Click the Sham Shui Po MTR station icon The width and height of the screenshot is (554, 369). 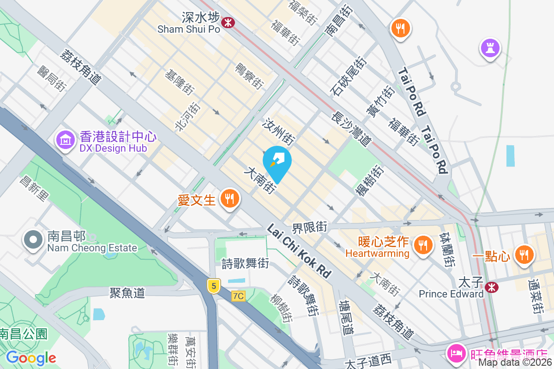click(x=227, y=22)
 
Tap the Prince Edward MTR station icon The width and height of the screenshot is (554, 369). click(x=493, y=287)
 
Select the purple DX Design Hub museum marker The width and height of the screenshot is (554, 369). click(x=66, y=139)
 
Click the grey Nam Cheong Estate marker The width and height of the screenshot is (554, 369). click(x=33, y=240)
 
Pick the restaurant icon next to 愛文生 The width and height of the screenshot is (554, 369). click(x=229, y=199)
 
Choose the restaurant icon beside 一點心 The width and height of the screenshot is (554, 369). click(x=524, y=254)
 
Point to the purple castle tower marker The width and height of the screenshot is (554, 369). click(x=490, y=48)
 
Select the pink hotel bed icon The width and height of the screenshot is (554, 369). click(x=456, y=354)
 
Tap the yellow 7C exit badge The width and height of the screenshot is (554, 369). click(x=238, y=296)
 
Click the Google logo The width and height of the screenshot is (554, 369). click(x=31, y=357)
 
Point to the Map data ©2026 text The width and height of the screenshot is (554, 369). click(x=515, y=363)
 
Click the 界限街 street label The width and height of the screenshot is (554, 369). click(x=309, y=227)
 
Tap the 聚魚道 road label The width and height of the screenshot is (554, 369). click(x=127, y=292)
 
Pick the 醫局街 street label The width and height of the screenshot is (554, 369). click(x=51, y=78)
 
